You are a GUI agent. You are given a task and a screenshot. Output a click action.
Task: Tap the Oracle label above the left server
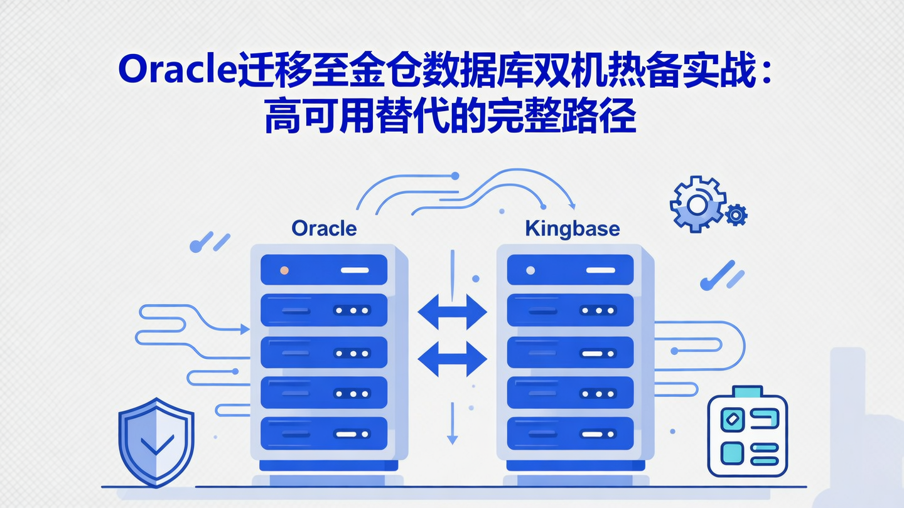[x=325, y=228]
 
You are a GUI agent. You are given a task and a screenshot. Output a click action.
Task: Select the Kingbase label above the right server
[x=572, y=228]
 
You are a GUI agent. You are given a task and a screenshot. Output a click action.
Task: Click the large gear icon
[x=697, y=204]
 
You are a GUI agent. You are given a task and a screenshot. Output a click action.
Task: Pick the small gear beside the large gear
[x=736, y=215]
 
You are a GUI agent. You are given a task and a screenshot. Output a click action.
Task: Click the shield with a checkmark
[x=156, y=442]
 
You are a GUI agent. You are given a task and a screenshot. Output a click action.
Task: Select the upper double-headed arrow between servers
[x=452, y=312]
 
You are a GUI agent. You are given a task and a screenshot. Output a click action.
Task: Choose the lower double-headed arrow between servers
[x=452, y=359]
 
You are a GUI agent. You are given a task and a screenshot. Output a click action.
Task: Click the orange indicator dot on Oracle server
[x=284, y=270]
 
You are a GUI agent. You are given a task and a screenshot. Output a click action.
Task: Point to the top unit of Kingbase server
[x=570, y=270]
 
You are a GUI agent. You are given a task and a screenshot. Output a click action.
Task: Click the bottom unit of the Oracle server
[x=324, y=433]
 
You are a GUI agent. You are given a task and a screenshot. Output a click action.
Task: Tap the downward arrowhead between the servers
[x=451, y=440]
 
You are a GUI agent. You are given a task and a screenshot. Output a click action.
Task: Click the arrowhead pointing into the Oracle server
[x=245, y=328]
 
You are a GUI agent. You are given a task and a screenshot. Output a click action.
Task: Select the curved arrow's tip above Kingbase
[x=571, y=204]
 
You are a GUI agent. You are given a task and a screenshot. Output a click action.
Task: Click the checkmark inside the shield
[x=157, y=445]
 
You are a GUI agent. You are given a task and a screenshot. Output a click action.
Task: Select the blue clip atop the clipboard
[x=747, y=392]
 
